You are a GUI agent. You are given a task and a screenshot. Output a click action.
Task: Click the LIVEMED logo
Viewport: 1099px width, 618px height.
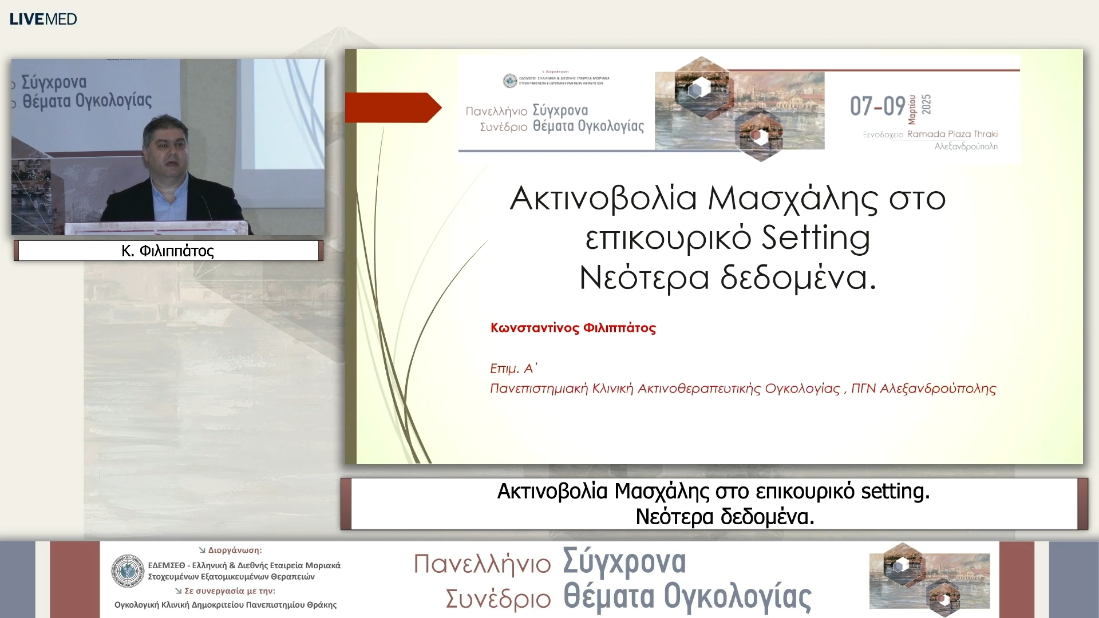coord(44,19)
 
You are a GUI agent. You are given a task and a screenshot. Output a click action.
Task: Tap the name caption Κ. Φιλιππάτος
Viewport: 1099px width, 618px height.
coord(168,251)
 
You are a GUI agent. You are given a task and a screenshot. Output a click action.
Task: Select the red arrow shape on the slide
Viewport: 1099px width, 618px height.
coord(393,108)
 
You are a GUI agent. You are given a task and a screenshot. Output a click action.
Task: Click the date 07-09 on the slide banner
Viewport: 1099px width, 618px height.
coord(877,106)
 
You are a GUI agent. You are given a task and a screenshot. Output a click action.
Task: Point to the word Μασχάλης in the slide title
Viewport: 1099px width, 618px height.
coord(793,199)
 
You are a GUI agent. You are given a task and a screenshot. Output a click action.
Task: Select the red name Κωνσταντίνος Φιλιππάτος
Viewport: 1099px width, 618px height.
coord(573,328)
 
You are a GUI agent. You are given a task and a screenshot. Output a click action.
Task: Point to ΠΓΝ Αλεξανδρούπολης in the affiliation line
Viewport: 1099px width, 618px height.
coord(923,389)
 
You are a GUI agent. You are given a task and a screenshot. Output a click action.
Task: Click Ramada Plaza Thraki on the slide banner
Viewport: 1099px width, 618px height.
coord(952,134)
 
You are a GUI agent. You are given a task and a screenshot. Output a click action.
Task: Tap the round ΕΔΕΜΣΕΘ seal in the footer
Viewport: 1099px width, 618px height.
coord(128,571)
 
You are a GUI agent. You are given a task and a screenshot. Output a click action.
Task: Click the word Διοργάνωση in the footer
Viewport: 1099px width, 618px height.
coord(235,550)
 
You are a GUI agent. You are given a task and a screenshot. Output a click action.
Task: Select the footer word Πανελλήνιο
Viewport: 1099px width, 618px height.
coord(482,564)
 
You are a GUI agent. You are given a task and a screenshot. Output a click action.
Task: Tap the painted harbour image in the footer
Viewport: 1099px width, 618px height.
coord(929,579)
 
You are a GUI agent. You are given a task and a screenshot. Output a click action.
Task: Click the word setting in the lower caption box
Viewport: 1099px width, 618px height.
coord(895,492)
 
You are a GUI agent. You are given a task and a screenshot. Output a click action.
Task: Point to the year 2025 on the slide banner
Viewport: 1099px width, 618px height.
coord(926,104)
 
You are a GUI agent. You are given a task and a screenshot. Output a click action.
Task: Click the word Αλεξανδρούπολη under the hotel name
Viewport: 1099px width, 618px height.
coord(966,146)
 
